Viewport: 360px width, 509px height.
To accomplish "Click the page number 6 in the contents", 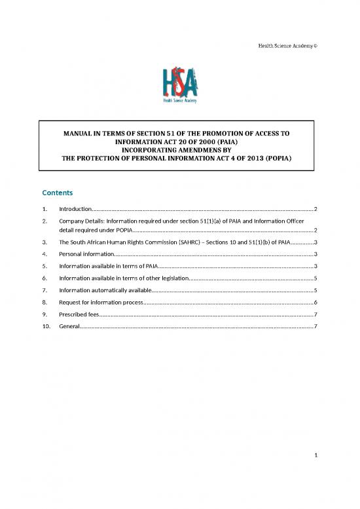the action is pos(315,303).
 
